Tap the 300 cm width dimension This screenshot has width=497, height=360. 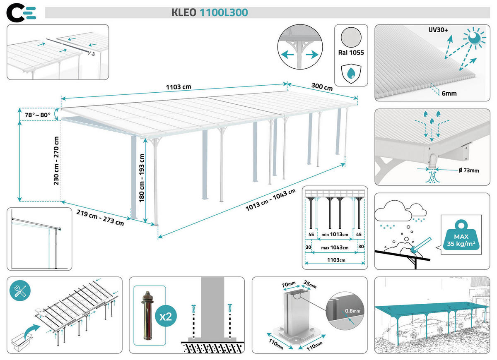pyautogui.click(x=322, y=88)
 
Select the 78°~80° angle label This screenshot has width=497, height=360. pyautogui.click(x=37, y=115)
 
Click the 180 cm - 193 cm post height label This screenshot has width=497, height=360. pyautogui.click(x=142, y=178)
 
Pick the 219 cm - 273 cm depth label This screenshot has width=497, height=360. pyautogui.click(x=100, y=217)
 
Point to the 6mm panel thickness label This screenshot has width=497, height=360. pyautogui.click(x=449, y=94)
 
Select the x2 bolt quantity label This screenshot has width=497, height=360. pyautogui.click(x=166, y=317)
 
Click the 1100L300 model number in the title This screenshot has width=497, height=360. pyautogui.click(x=224, y=13)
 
